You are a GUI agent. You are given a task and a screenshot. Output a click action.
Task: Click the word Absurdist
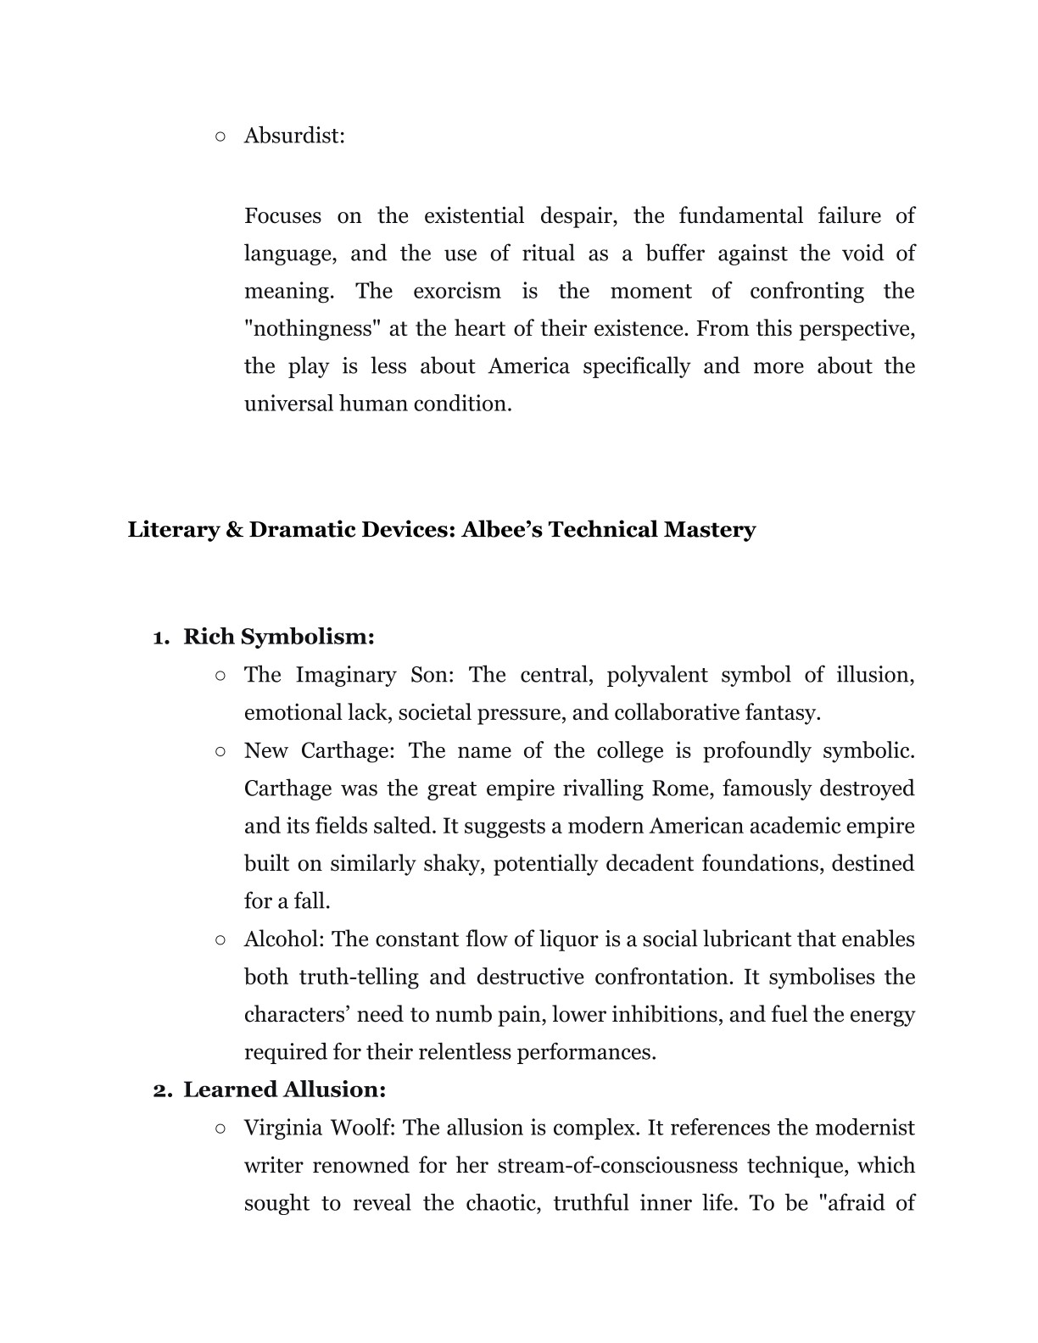[293, 136]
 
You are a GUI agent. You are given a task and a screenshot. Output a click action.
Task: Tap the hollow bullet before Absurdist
[220, 136]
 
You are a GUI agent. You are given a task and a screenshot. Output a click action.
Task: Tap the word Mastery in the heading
[710, 530]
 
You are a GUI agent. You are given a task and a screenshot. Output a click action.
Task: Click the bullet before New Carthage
[220, 751]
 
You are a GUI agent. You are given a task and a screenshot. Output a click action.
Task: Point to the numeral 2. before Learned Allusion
[162, 1090]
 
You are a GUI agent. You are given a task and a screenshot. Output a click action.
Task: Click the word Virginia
[282, 1128]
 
